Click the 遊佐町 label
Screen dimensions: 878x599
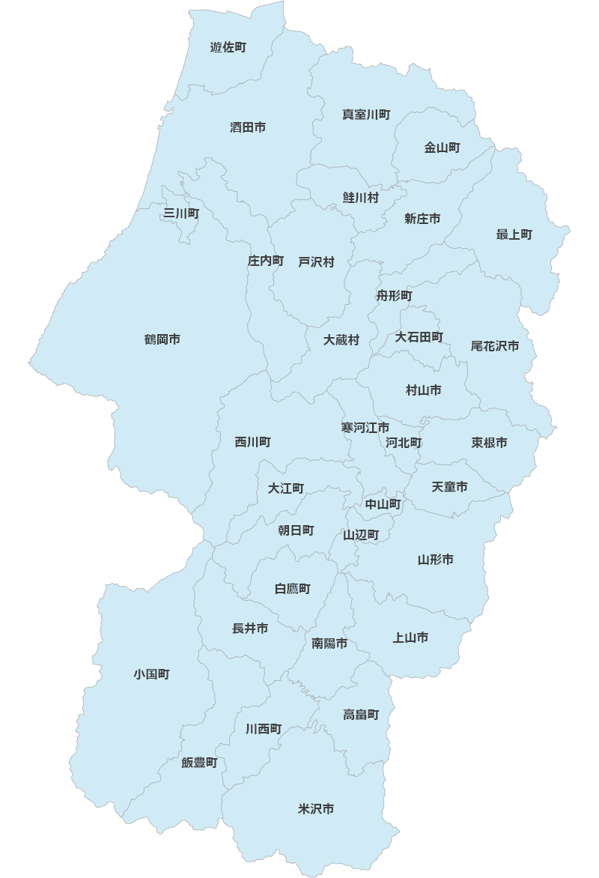tap(228, 47)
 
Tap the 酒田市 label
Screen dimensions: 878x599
tap(248, 127)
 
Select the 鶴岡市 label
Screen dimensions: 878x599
tap(162, 339)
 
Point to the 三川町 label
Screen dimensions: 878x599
tap(181, 214)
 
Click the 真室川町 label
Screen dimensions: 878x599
tap(366, 115)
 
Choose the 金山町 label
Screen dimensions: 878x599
tap(443, 148)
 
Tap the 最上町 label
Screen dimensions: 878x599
tap(514, 234)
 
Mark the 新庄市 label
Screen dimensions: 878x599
tap(422, 219)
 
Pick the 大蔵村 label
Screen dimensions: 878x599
tap(341, 339)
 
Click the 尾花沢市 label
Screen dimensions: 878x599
tap(495, 345)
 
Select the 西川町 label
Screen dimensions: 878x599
tap(253, 442)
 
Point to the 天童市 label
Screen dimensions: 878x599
tap(450, 487)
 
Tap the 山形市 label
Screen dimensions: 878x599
tap(436, 560)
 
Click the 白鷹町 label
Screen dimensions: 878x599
tap(293, 589)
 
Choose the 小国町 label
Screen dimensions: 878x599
tap(152, 674)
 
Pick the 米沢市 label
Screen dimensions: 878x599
tap(316, 809)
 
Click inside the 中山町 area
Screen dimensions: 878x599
tap(383, 505)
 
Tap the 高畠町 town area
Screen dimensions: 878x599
tap(361, 715)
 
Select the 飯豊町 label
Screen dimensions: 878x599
tap(199, 763)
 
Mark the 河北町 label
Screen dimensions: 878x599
tap(404, 443)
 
